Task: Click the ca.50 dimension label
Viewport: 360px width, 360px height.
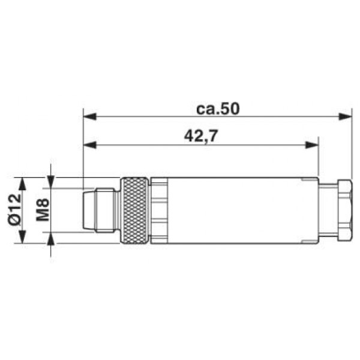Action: [218, 109]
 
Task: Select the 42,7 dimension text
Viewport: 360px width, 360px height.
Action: [200, 136]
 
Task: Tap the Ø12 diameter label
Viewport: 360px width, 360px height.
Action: [14, 209]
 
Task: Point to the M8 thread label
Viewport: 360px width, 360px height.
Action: [43, 210]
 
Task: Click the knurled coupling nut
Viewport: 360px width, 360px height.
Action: [135, 210]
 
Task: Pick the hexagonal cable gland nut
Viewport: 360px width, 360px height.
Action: [344, 210]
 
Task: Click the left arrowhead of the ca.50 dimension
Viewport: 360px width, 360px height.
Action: [89, 116]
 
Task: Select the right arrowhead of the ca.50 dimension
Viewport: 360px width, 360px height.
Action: [346, 116]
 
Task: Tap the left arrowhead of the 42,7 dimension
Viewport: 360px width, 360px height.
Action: [89, 145]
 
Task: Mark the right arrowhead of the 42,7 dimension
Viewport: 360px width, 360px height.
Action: [312, 145]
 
